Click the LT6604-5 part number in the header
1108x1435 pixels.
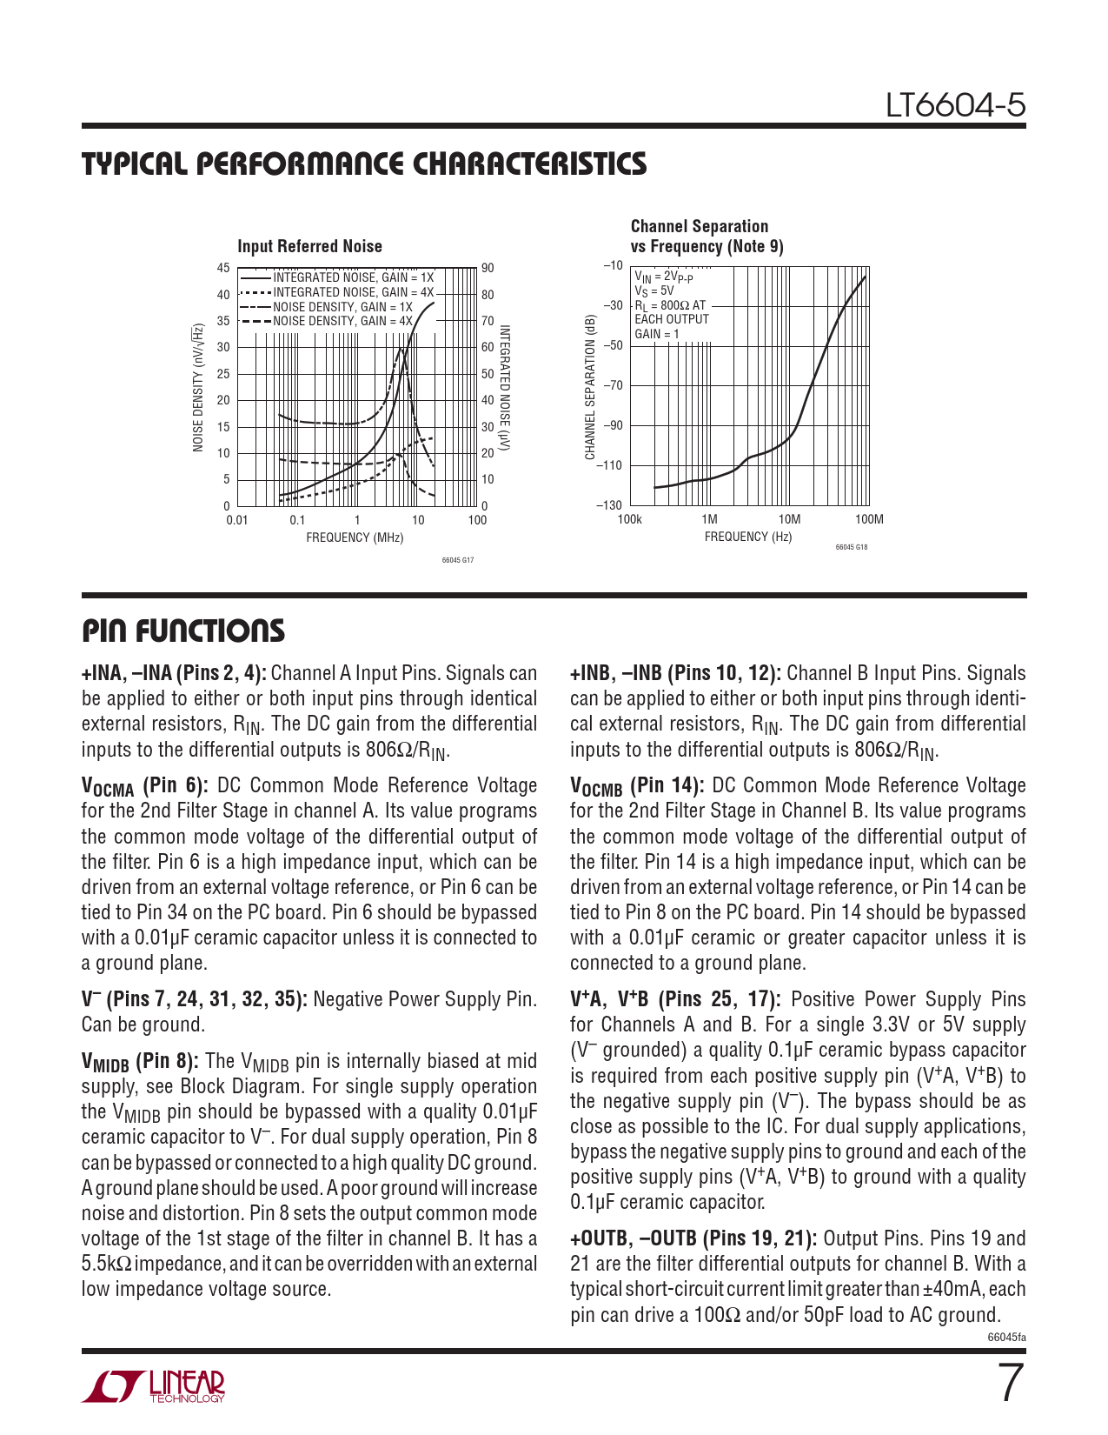[955, 105]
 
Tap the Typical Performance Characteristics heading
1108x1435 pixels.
[364, 164]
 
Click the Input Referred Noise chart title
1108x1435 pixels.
[309, 246]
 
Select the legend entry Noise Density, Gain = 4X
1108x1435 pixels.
[342, 321]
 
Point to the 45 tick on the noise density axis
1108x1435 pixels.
[223, 268]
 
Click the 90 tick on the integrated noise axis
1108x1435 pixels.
[488, 268]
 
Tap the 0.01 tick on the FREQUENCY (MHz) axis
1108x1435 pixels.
[237, 520]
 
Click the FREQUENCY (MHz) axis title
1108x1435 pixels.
[355, 537]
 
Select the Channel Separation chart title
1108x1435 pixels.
[707, 237]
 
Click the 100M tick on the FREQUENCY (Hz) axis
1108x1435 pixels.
[869, 519]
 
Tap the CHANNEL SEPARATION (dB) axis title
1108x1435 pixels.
[590, 387]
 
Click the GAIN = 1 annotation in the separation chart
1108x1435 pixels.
[657, 334]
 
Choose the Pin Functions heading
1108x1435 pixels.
[183, 631]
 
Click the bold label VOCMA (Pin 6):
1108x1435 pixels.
[144, 786]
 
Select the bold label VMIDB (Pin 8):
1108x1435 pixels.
[140, 1062]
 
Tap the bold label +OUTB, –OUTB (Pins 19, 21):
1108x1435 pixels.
[693, 1238]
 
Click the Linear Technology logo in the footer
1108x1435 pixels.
[153, 1386]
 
